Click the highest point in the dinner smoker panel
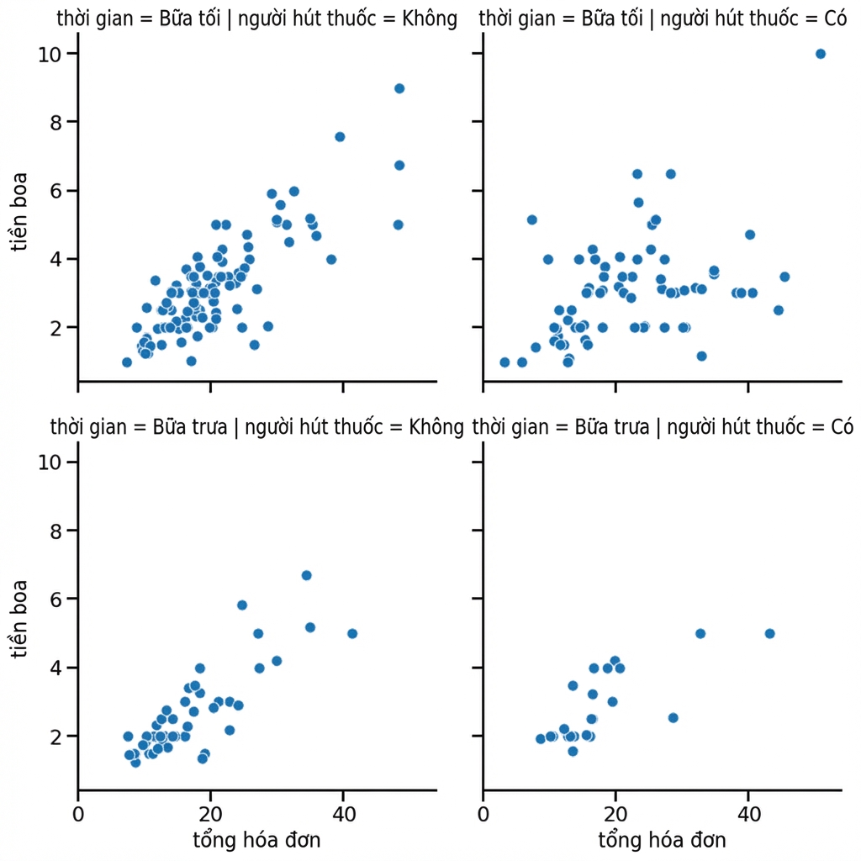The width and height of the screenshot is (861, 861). point(821,54)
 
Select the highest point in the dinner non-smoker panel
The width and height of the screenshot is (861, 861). point(399,88)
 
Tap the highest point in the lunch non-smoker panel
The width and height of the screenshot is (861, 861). point(306,575)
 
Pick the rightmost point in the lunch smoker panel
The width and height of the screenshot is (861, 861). point(770,634)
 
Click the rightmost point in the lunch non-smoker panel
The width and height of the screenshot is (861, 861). point(352,634)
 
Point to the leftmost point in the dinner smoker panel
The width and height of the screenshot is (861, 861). point(504,362)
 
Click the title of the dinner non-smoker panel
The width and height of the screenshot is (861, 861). point(257,18)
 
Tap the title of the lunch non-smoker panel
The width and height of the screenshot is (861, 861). point(257,426)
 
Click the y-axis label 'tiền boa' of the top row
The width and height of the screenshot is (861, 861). point(19,211)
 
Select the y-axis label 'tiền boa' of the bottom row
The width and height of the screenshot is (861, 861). point(19,620)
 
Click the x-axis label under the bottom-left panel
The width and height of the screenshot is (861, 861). point(256,840)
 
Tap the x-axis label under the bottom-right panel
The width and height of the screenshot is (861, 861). point(662,840)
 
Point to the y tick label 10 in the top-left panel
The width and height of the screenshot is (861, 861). point(50,55)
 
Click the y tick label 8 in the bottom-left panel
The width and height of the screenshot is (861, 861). point(56,531)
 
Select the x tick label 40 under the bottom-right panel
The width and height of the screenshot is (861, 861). point(748,814)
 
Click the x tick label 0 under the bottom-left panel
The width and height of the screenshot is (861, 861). point(78,814)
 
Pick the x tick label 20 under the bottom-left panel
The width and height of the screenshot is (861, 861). point(211,814)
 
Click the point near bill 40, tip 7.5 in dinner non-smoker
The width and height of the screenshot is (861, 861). point(340,137)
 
